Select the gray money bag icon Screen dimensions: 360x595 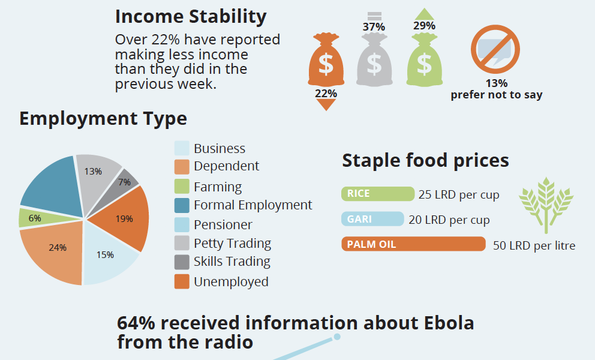tap(374, 61)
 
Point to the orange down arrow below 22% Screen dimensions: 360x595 tap(326, 105)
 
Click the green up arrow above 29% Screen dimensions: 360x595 tap(424, 14)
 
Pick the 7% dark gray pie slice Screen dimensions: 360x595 tap(125, 181)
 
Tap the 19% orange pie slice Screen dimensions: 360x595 tap(127, 218)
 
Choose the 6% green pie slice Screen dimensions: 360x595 tap(33, 218)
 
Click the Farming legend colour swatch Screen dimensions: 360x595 tap(182, 187)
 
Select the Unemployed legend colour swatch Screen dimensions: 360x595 tap(182, 281)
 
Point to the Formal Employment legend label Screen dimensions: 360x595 tap(253, 205)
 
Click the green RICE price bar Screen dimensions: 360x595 tap(378, 194)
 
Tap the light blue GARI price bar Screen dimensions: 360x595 tap(372, 219)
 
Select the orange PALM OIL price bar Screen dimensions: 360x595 tap(413, 244)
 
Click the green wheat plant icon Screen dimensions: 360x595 tap(545, 204)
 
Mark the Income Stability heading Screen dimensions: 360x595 tap(191, 16)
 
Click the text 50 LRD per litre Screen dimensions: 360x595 tap(534, 245)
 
